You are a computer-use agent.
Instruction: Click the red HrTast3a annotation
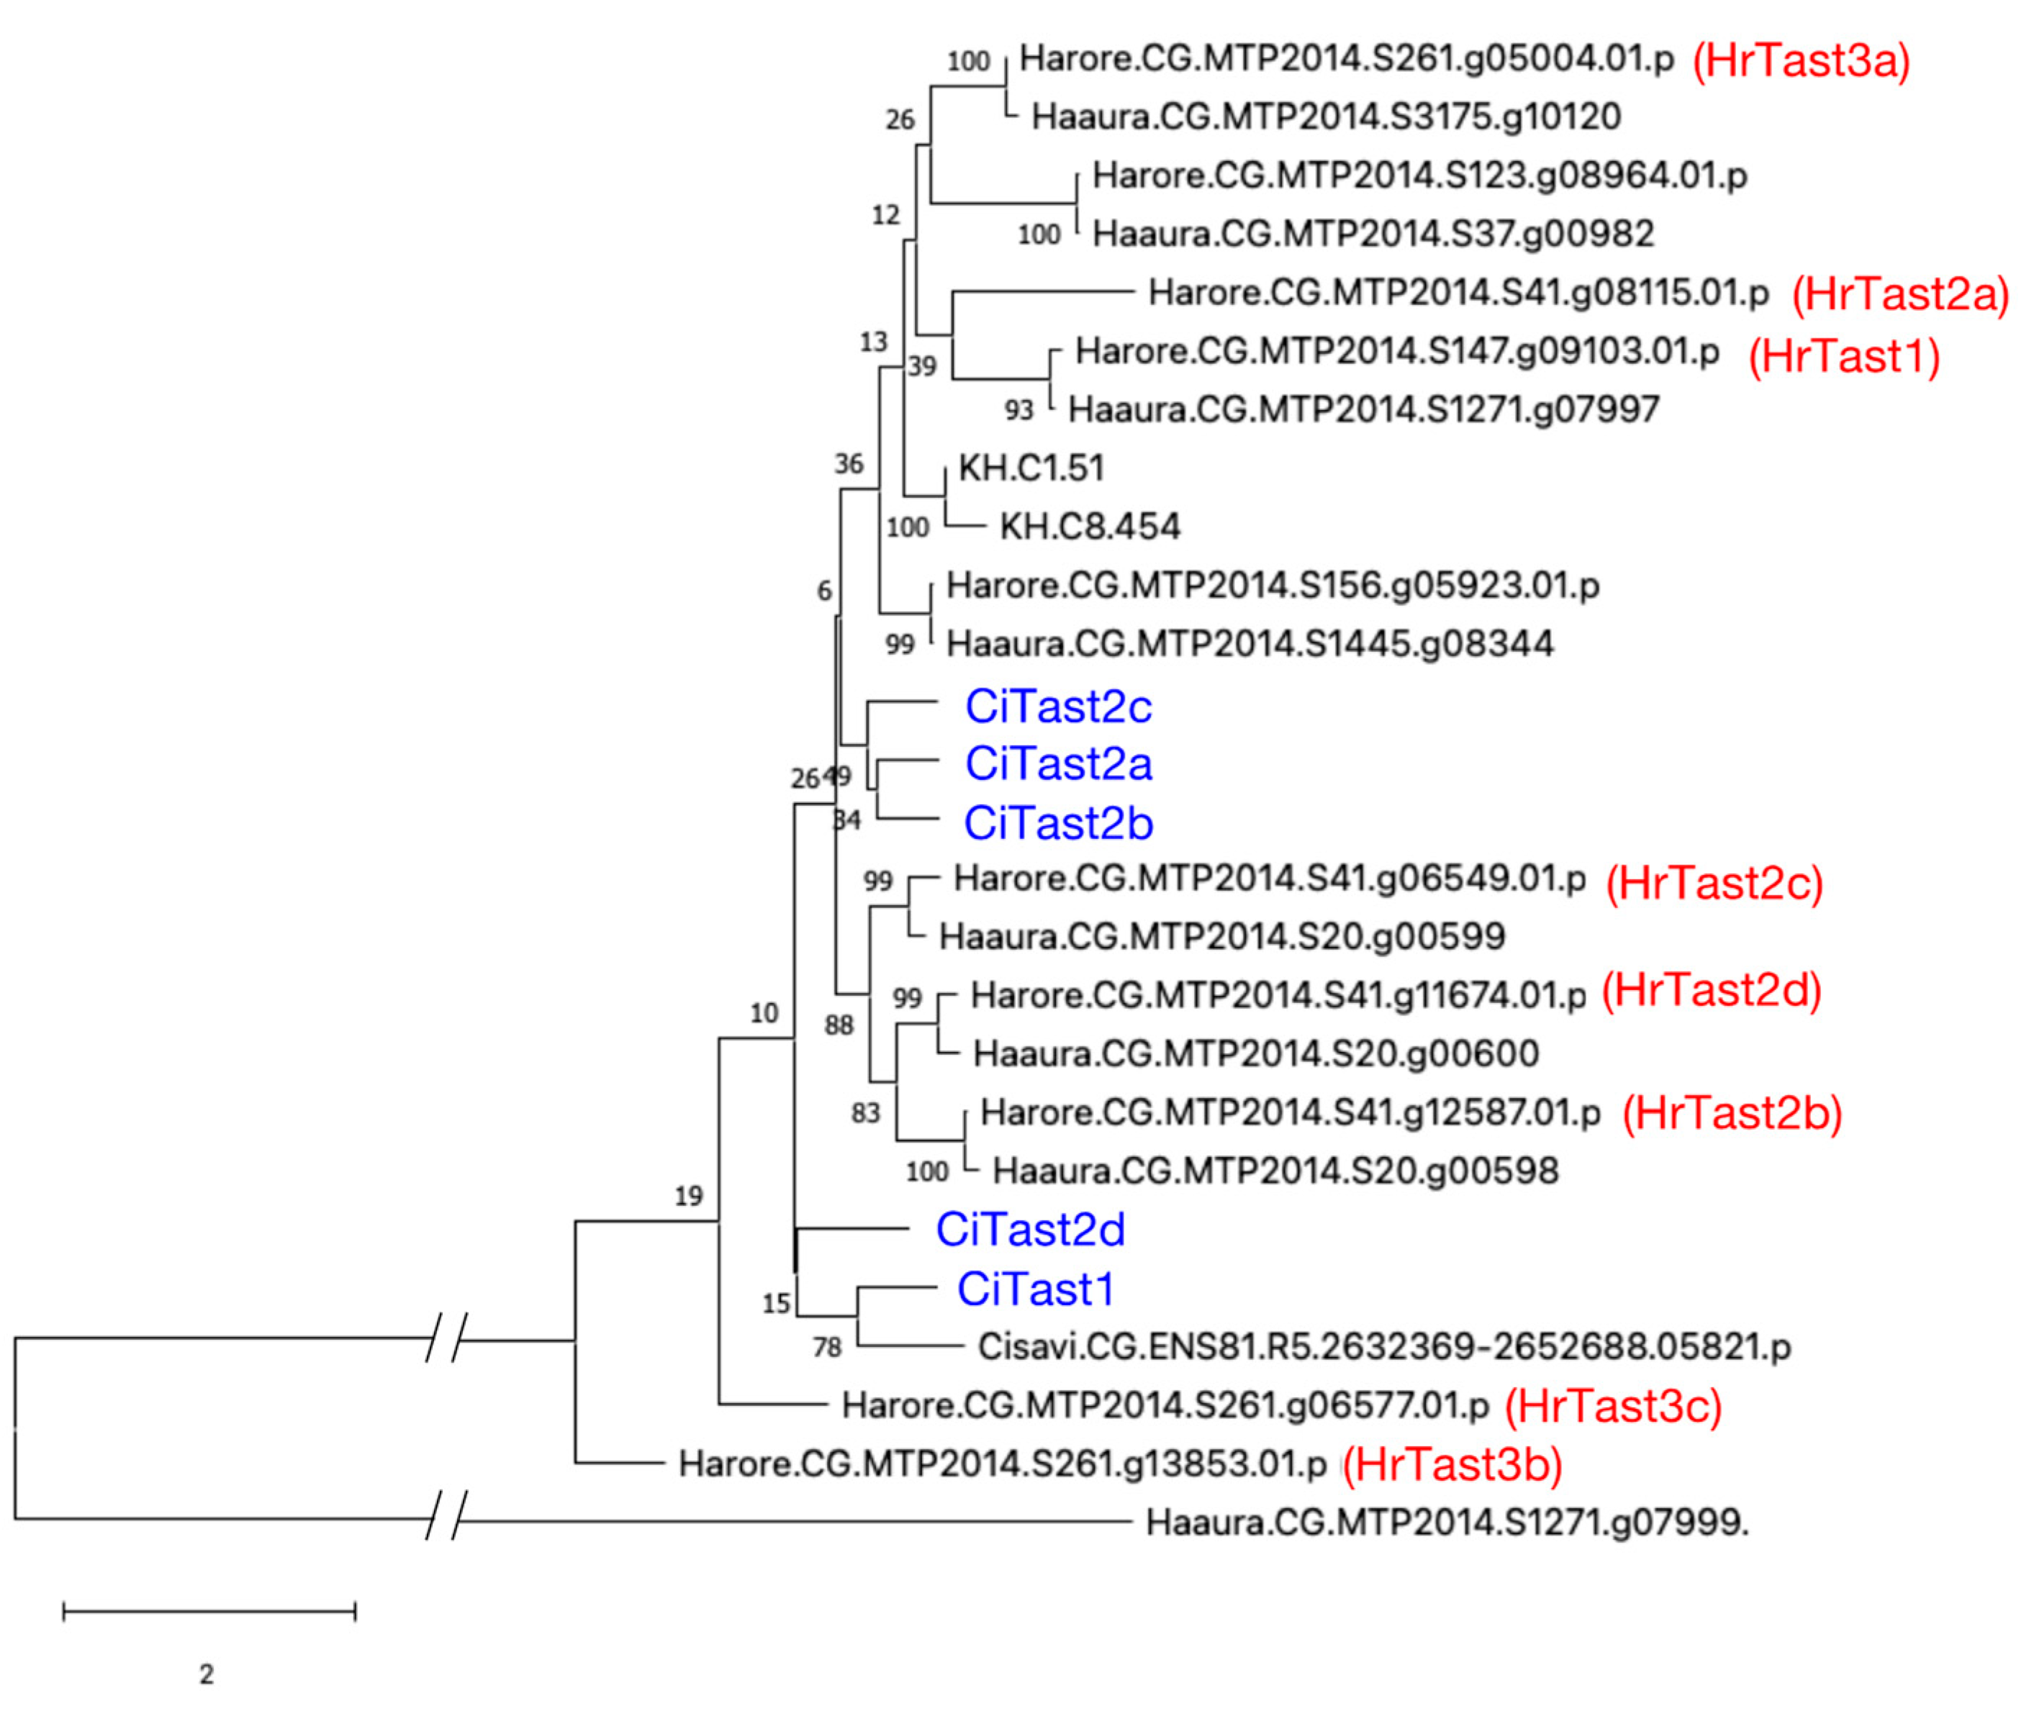coord(1801,61)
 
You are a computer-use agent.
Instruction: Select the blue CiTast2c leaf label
coord(1058,707)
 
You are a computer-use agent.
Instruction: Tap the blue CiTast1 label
coord(1035,1289)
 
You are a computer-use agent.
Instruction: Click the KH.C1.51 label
coord(1031,468)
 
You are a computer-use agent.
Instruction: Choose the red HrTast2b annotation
coord(1732,1113)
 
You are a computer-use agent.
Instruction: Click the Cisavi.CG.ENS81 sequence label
coord(1384,1347)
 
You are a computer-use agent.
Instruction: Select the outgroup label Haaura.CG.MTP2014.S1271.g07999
coord(1447,1523)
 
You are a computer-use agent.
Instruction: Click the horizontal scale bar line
coord(209,1612)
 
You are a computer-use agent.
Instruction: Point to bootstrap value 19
coord(688,1196)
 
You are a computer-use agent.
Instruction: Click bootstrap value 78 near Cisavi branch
coord(827,1348)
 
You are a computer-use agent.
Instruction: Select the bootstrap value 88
coord(839,1025)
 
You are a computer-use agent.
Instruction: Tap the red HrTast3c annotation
coord(1613,1406)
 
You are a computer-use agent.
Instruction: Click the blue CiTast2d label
coord(1030,1230)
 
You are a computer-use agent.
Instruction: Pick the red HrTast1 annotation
coord(1843,357)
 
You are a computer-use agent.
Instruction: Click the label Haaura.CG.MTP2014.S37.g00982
coord(1373,234)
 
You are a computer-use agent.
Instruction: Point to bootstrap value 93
coord(1018,411)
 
